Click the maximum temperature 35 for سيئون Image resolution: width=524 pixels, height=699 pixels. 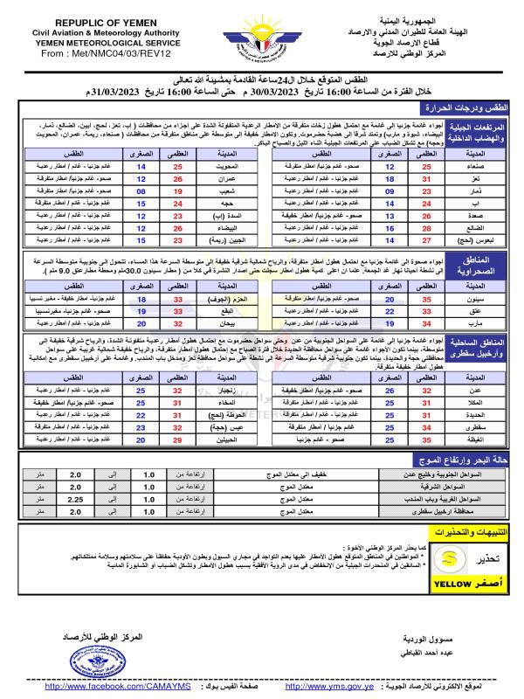427,297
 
